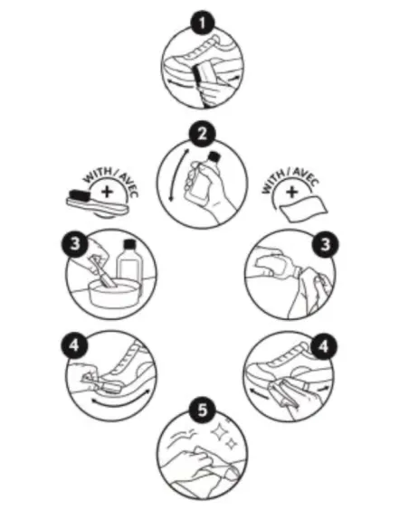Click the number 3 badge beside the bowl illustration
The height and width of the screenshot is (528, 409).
(77, 244)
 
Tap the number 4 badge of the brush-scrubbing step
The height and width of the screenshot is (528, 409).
(77, 344)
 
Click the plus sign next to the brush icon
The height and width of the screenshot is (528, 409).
(109, 193)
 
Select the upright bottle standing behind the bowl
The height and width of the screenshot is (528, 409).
(129, 266)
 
